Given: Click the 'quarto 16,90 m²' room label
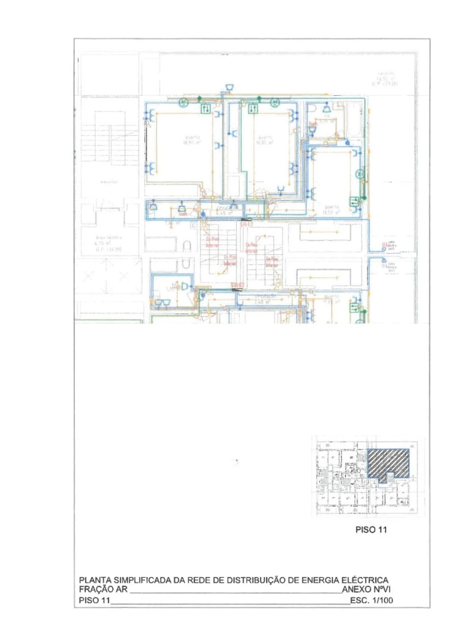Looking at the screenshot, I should (x=192, y=140).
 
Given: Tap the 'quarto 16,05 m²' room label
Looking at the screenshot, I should (x=265, y=140).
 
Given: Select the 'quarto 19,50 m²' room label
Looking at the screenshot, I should (x=331, y=210).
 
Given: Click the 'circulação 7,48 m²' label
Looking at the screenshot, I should (x=262, y=300).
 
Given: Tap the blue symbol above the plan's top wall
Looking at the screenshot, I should (x=229, y=87).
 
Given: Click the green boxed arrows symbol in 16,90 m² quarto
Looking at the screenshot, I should (x=206, y=109).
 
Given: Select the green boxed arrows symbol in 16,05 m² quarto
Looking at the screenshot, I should (x=253, y=109).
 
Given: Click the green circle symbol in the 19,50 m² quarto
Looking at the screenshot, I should (x=360, y=174).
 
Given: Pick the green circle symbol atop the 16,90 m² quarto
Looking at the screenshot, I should (x=184, y=103).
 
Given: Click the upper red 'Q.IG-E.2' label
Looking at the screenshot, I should (x=246, y=224).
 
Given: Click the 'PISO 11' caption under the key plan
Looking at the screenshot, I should (x=371, y=530).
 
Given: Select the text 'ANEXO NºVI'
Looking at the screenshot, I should (x=366, y=589).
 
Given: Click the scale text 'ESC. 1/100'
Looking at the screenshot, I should (x=371, y=600).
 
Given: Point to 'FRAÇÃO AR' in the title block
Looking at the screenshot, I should (x=103, y=589).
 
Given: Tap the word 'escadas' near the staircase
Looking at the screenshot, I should (x=109, y=182).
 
